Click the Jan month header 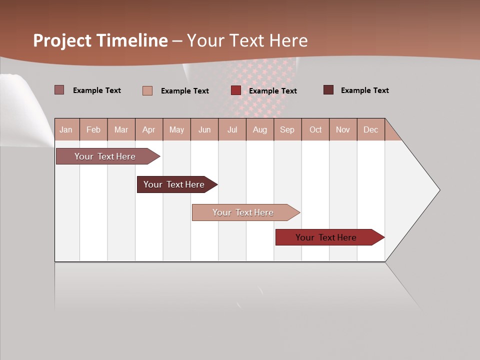coord(66,129)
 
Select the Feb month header coord(93,129)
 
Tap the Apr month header coord(148,129)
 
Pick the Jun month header coord(204,129)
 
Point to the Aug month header coord(259,129)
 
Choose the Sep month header coord(287,129)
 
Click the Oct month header coord(315,129)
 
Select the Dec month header coord(370,129)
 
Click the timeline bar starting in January coord(105,156)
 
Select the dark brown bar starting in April coord(174,184)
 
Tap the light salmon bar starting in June coord(243,212)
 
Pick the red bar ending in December coord(326,237)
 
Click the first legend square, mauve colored coord(59,90)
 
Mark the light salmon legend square coord(147,90)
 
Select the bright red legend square coord(236,90)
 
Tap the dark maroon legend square coord(328,90)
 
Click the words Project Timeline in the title coord(100,40)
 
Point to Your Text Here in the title coord(247,40)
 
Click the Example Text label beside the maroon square coord(364,90)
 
